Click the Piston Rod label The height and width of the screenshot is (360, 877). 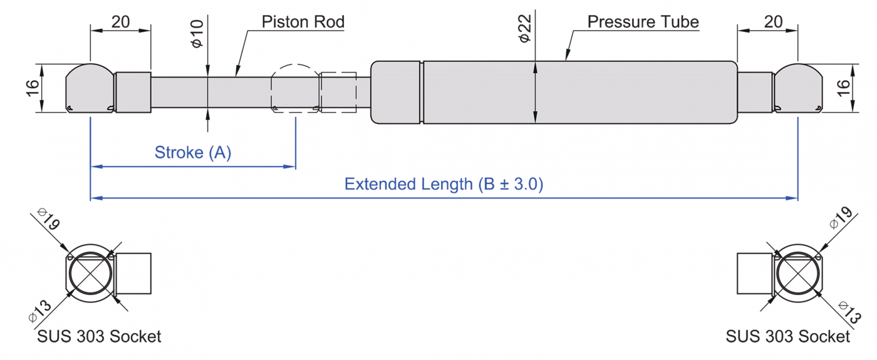(x=303, y=23)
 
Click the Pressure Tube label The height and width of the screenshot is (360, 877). (x=643, y=23)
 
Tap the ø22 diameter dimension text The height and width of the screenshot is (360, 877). (x=525, y=29)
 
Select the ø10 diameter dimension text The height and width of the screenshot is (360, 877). (x=197, y=35)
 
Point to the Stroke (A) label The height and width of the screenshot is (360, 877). (x=193, y=152)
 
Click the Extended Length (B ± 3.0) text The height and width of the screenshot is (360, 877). (x=444, y=184)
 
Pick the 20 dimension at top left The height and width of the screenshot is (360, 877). (x=121, y=22)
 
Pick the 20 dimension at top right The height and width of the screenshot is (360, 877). (x=774, y=22)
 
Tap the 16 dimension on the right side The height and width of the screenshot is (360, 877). (x=844, y=88)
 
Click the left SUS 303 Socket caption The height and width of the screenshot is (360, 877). (x=98, y=336)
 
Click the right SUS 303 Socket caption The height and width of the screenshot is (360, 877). (x=787, y=336)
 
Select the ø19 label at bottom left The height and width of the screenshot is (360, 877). (x=48, y=220)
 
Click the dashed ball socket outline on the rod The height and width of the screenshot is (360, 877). (x=294, y=88)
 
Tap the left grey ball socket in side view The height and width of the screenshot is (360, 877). (x=90, y=89)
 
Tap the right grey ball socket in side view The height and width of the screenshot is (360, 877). (x=797, y=89)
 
